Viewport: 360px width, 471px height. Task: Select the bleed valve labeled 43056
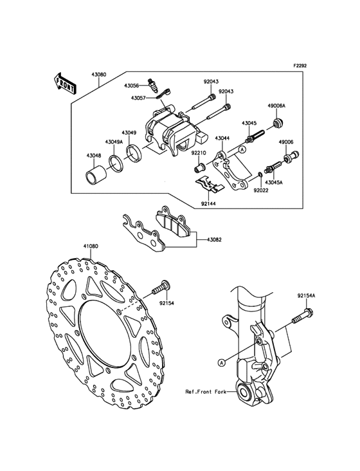click(x=152, y=86)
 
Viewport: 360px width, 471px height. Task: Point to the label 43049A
click(x=113, y=142)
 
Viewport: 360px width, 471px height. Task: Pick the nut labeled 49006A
click(x=278, y=123)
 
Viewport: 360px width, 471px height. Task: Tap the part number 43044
click(x=222, y=138)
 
